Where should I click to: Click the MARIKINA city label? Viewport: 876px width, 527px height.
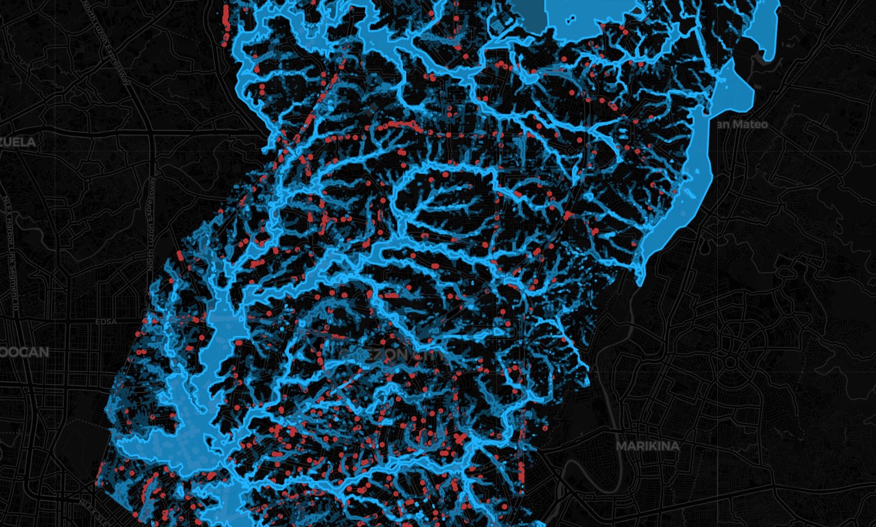(x=647, y=446)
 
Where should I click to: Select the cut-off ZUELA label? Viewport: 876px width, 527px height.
(x=18, y=142)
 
